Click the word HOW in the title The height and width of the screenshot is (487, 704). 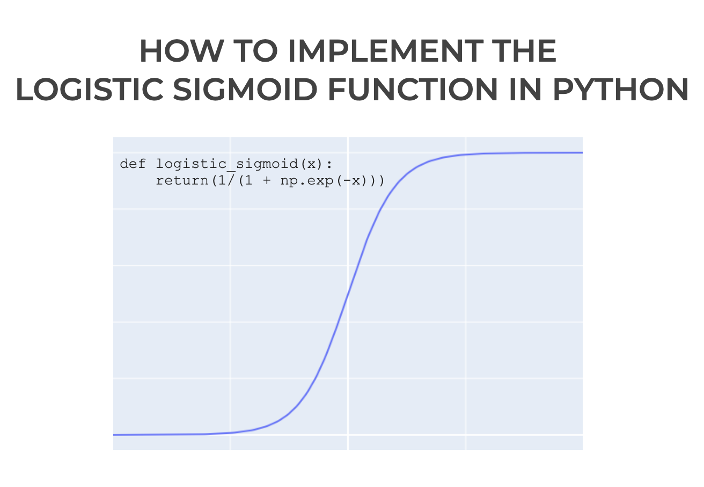tap(182, 51)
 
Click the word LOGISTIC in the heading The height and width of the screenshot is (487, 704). tap(90, 89)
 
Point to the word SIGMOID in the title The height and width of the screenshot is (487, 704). tap(245, 89)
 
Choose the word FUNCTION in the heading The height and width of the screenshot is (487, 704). tap(413, 89)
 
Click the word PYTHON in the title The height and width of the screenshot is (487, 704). tap(621, 89)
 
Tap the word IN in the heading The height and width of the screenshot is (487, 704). tap(525, 89)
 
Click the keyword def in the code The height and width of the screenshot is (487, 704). tap(133, 164)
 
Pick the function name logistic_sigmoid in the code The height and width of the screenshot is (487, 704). tap(227, 164)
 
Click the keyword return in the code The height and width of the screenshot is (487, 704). tap(182, 181)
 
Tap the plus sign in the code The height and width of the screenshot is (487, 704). tap(267, 181)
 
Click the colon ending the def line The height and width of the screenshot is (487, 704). tap(329, 164)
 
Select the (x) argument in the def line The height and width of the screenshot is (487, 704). tap(312, 164)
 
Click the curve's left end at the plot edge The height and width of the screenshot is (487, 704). tap(113, 435)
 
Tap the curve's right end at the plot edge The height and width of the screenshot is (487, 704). tap(582, 153)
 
